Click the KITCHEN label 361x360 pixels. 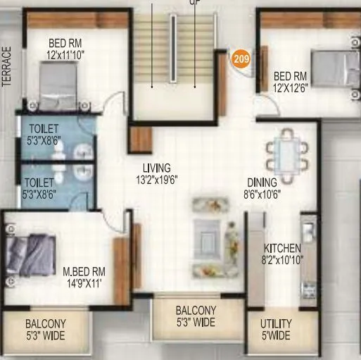click(282, 248)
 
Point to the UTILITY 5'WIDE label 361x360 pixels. click(274, 330)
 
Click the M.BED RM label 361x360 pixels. click(84, 271)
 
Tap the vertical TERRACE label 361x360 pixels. click(8, 67)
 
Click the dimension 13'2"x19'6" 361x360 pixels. click(157, 179)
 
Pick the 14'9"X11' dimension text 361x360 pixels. click(83, 283)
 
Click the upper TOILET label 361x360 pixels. click(44, 130)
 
